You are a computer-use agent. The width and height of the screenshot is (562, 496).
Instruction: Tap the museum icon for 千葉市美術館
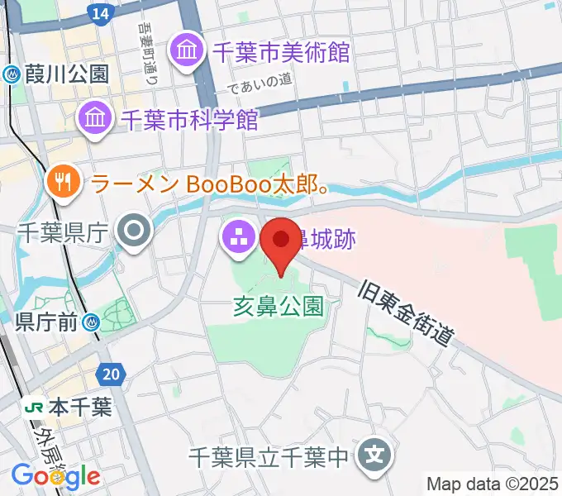185,52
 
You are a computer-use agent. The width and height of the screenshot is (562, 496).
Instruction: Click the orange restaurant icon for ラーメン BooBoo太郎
63,183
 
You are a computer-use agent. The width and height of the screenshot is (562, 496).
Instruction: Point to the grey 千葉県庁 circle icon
133,233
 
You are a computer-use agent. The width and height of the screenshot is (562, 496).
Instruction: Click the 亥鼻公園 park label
278,308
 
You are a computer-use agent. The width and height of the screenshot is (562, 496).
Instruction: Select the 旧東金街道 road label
407,313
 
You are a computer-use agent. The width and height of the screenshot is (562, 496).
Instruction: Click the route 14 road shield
100,13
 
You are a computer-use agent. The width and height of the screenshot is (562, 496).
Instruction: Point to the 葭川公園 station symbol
12,74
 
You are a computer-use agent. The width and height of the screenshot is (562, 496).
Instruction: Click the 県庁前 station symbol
97,323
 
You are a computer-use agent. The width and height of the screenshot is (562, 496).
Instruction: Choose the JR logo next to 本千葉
35,407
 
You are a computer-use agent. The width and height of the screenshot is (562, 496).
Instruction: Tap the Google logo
55,476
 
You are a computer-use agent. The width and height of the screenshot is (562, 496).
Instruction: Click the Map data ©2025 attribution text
493,483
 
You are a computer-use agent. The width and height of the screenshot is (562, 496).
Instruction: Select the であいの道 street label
262,81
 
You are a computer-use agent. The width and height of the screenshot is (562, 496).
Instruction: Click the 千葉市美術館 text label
281,52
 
